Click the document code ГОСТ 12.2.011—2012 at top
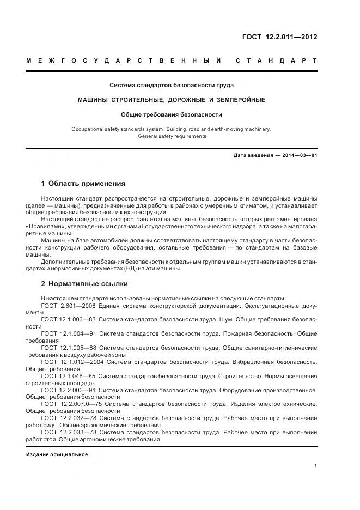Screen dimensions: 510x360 point(279,37)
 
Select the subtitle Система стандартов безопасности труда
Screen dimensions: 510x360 point(172,86)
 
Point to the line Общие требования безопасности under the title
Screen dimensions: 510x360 point(172,114)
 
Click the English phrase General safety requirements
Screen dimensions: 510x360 point(172,136)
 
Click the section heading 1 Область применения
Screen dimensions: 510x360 point(83,183)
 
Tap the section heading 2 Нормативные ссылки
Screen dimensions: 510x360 point(84,284)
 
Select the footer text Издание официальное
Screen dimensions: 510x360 point(57,454)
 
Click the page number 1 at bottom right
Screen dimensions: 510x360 point(316,466)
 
